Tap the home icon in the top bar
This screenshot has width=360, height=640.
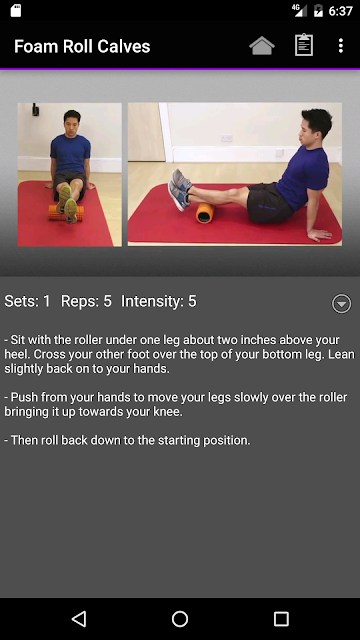[x=262, y=46]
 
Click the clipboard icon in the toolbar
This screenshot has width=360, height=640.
[x=304, y=45]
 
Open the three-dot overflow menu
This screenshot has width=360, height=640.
[x=341, y=46]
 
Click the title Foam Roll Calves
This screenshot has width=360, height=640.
[x=82, y=47]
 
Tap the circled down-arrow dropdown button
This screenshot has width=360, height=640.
[x=341, y=303]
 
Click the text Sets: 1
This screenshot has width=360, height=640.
[x=27, y=301]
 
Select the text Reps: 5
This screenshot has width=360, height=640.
[x=86, y=301]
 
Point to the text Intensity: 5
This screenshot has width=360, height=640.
[x=159, y=301]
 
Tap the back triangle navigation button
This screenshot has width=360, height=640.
[x=78, y=619]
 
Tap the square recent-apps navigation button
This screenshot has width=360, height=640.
[x=281, y=619]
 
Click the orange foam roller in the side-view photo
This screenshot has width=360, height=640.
[x=205, y=213]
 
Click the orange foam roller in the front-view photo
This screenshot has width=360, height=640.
[x=66, y=213]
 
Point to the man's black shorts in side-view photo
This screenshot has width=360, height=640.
[x=268, y=203]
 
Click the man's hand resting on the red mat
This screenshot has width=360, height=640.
[x=319, y=234]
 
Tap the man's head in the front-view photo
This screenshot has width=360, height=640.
[x=72, y=121]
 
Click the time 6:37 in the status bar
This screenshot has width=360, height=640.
[x=340, y=11]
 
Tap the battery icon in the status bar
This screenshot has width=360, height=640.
[x=318, y=11]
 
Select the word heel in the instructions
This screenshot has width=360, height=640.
[x=16, y=354]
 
